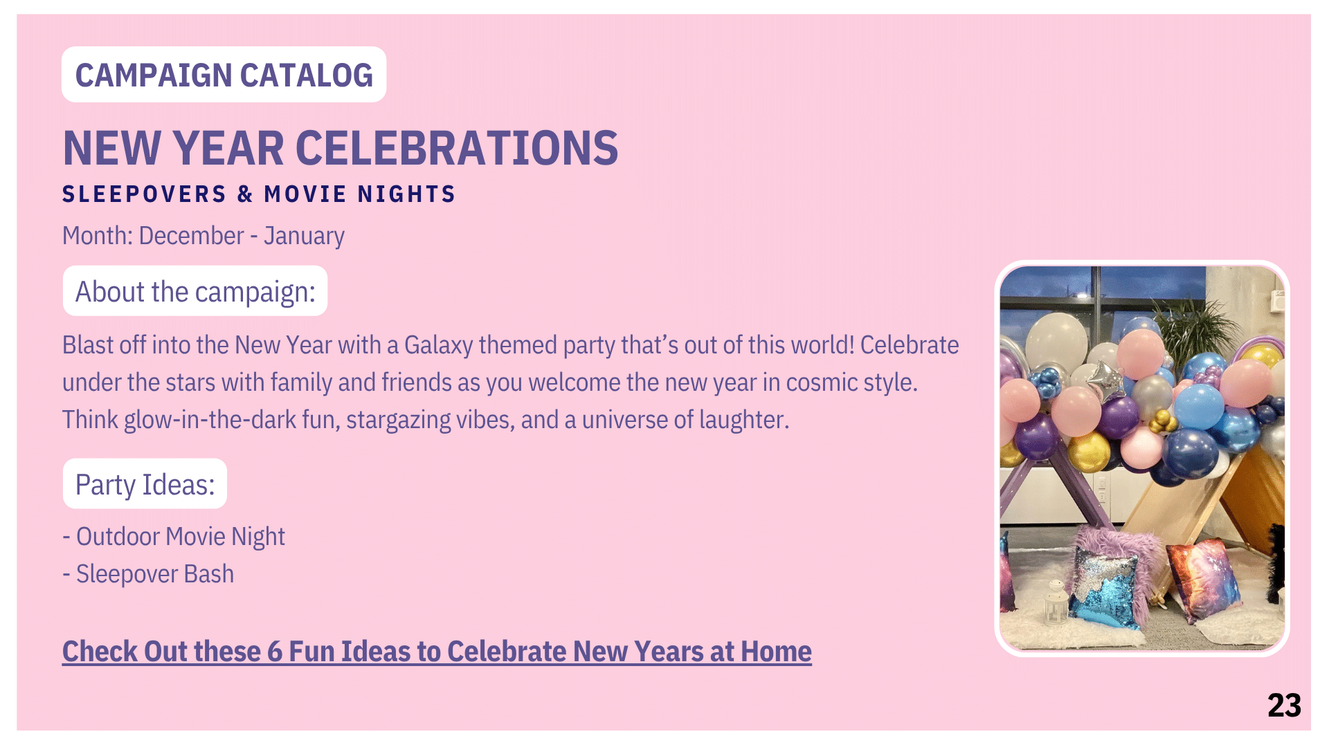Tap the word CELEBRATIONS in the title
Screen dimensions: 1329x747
[457, 148]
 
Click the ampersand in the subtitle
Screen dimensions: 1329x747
[245, 194]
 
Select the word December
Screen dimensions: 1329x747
[192, 236]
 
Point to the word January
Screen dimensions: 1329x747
[304, 237]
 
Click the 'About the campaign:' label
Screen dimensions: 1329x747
[195, 291]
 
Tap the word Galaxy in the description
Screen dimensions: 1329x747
[438, 345]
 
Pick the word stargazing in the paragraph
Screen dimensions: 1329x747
[399, 420]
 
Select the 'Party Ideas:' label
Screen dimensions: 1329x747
[145, 484]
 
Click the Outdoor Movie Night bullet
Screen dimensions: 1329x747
[174, 537]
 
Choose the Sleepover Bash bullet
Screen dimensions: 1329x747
[148, 574]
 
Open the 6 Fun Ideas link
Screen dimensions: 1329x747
[437, 652]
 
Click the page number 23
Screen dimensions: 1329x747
[1284, 705]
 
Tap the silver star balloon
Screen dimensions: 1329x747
[1105, 378]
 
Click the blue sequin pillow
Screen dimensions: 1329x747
[1104, 584]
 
